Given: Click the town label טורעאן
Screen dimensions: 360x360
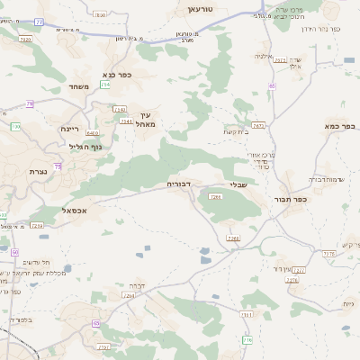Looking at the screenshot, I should click(x=199, y=8).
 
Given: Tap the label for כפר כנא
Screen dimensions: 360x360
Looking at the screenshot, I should click(x=118, y=76).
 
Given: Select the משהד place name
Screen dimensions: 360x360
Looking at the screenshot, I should click(x=78, y=86).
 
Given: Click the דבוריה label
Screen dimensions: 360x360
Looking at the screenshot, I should click(x=178, y=184).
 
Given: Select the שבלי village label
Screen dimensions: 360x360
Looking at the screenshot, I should click(x=238, y=184).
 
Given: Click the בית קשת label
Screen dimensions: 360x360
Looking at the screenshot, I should click(x=237, y=132).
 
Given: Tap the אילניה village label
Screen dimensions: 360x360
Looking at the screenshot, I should click(x=263, y=57).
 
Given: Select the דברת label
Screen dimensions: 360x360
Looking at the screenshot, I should click(x=137, y=285).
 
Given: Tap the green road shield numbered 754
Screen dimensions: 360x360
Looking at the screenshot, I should click(x=106, y=85).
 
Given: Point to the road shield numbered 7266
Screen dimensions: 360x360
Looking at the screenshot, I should click(x=234, y=238).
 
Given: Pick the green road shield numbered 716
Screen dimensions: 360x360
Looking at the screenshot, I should click(x=247, y=339).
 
